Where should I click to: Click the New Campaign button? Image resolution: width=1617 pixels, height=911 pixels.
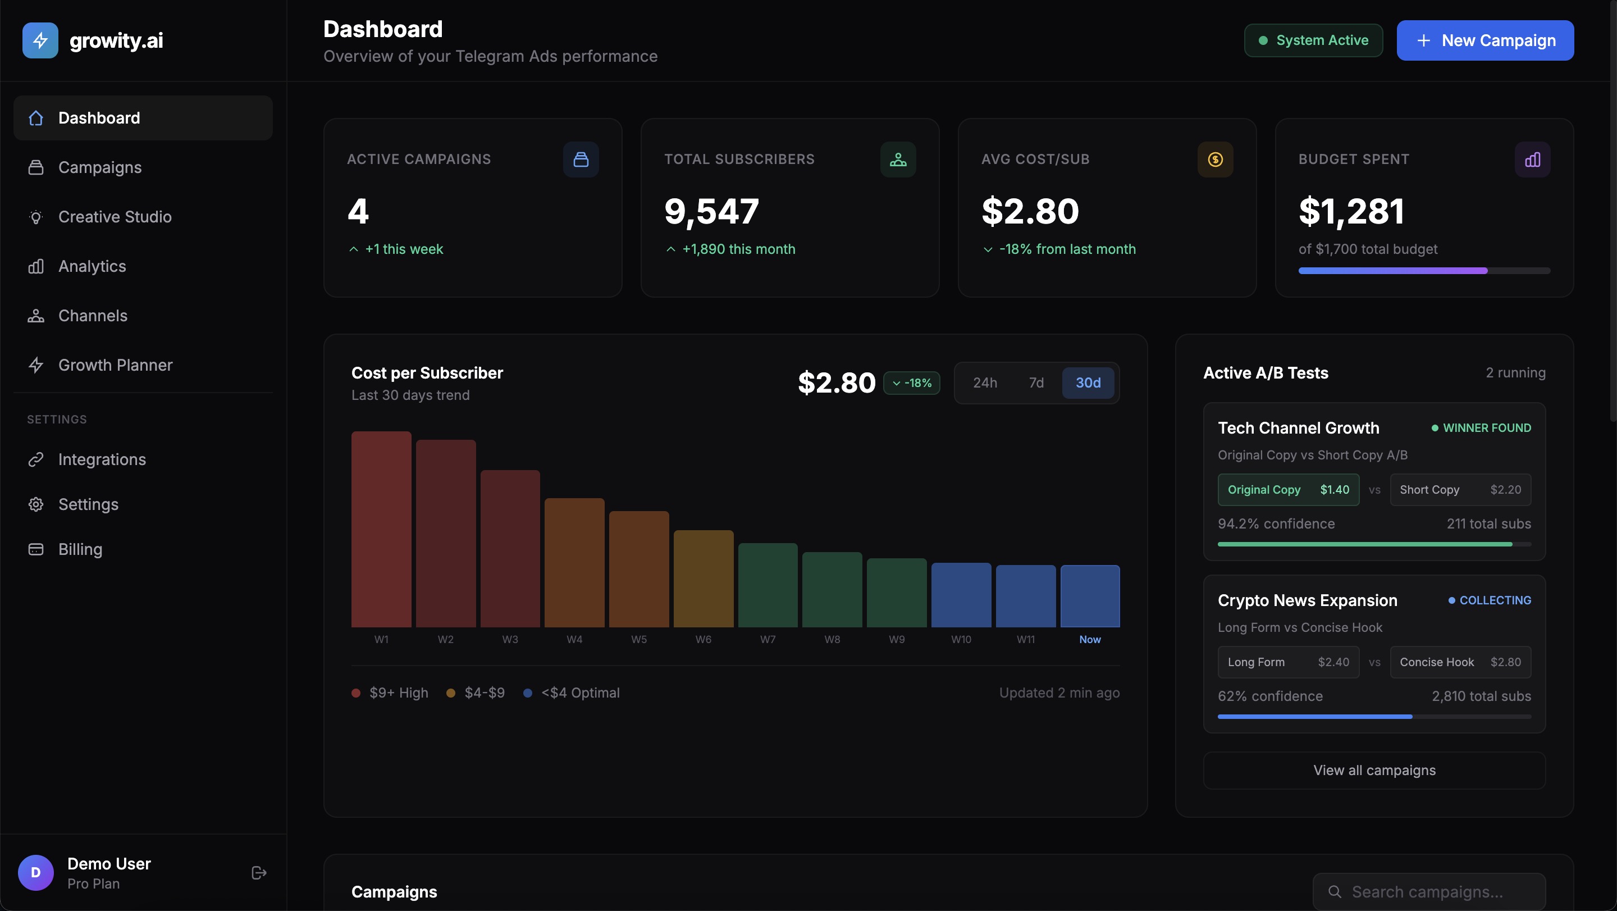1484,40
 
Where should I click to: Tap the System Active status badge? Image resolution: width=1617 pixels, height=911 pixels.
1313,40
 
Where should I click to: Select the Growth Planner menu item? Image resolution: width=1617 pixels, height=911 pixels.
115,365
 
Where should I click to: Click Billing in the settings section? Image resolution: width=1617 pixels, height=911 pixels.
80,549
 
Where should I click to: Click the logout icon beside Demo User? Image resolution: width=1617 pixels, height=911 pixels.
259,873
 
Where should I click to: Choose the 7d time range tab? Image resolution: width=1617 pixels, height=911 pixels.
1036,382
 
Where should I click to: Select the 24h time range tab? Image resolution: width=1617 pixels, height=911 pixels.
984,382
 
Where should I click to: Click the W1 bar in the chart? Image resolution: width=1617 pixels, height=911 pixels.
381,529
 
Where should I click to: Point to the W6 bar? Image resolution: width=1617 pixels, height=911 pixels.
703,579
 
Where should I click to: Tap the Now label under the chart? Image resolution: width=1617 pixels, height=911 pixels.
1090,639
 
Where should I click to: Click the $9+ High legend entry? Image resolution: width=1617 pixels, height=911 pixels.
390,693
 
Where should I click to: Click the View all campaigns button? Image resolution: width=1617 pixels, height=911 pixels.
1373,771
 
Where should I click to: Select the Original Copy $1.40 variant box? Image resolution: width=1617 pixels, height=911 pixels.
1287,490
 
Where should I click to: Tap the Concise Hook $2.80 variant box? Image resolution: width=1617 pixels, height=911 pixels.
1459,662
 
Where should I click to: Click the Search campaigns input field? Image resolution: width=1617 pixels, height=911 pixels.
1427,891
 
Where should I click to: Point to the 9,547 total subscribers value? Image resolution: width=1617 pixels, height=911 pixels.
711,211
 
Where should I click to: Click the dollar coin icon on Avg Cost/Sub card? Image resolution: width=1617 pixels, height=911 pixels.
1214,160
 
